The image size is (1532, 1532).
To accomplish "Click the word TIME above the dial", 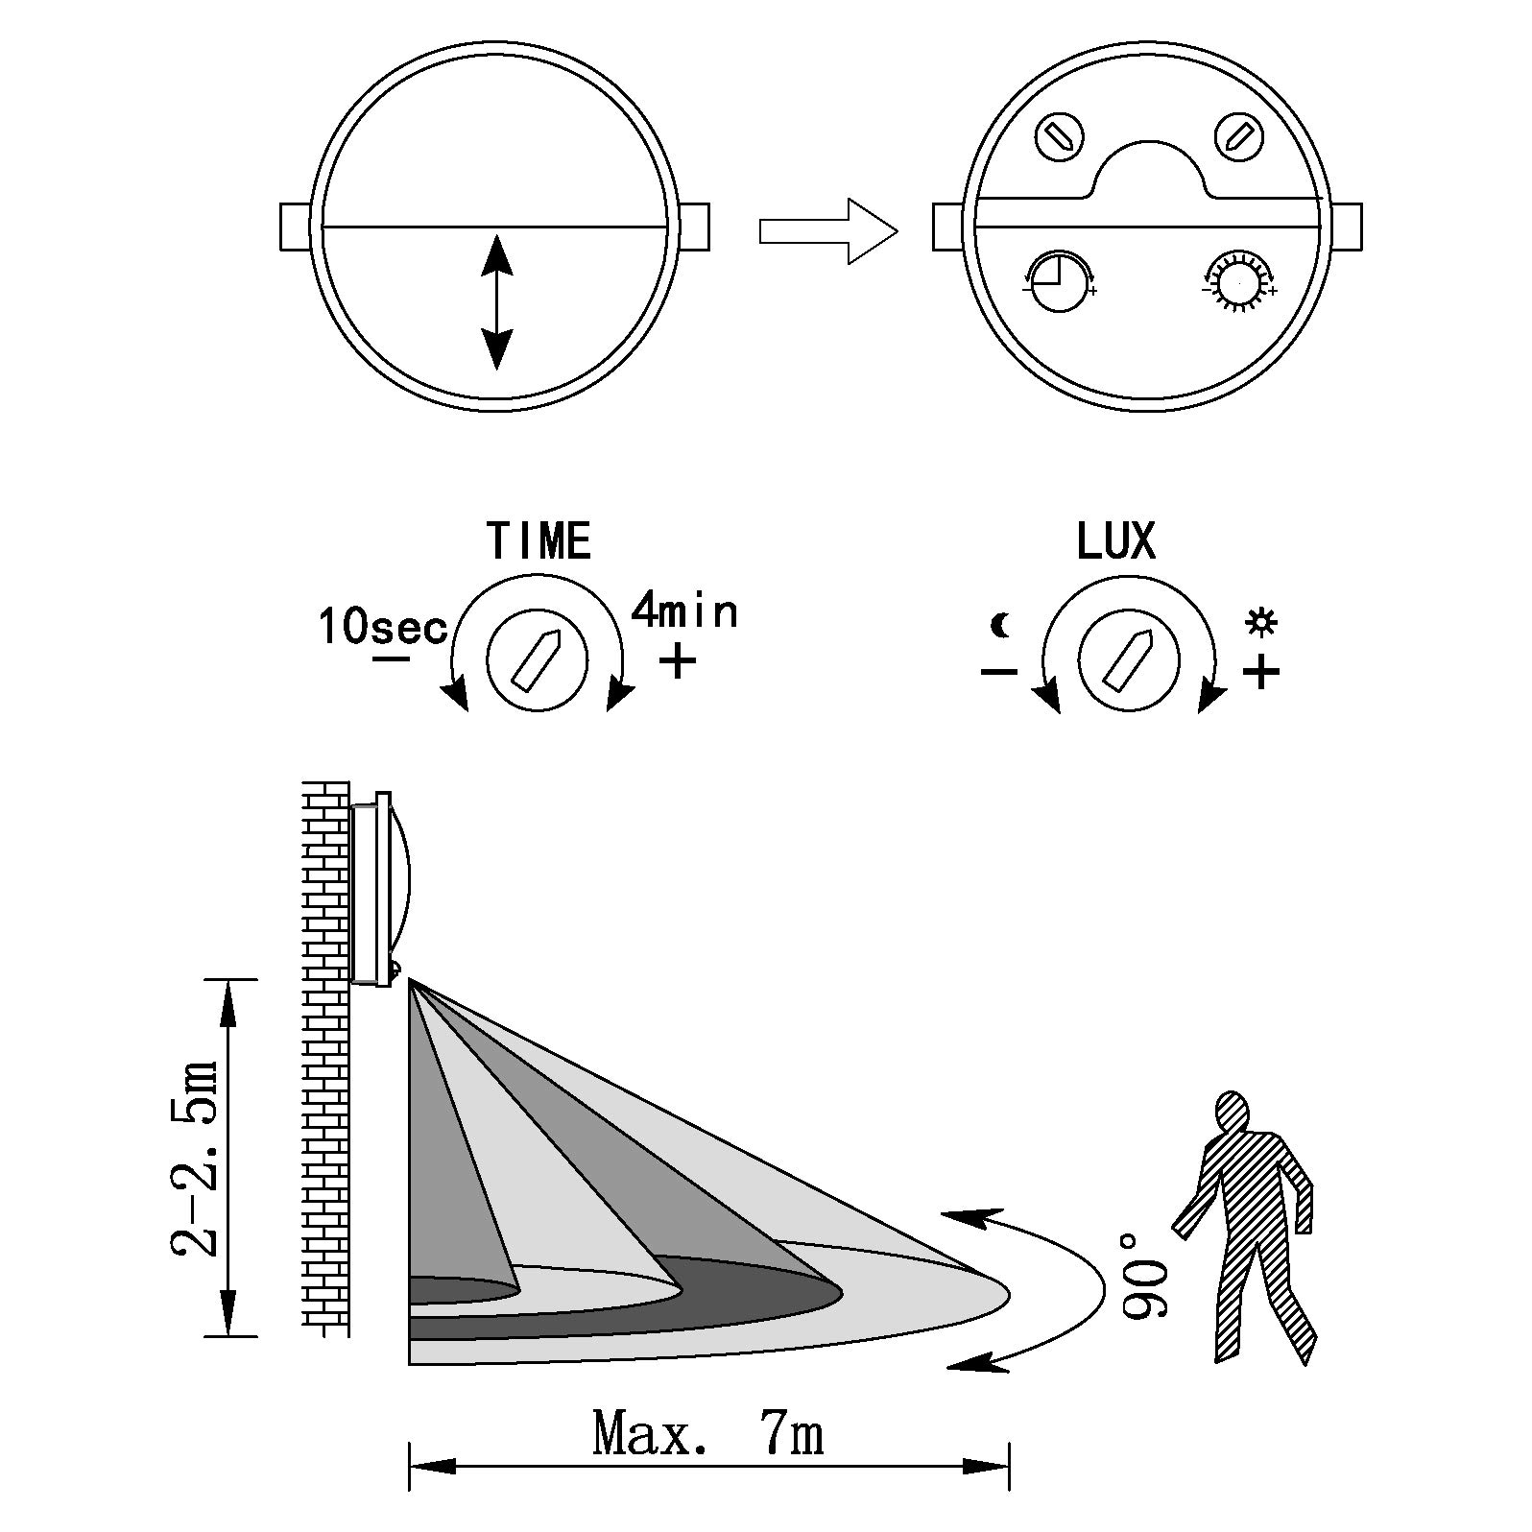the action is click(539, 540).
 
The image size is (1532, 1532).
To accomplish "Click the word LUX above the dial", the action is click(1115, 540).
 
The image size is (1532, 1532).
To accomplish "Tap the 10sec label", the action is click(383, 627).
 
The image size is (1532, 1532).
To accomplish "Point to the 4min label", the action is click(684, 610).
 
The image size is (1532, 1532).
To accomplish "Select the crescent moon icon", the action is click(1001, 626).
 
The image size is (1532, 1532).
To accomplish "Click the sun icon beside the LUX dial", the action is click(1260, 622).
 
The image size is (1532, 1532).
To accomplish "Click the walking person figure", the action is click(1244, 1226).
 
